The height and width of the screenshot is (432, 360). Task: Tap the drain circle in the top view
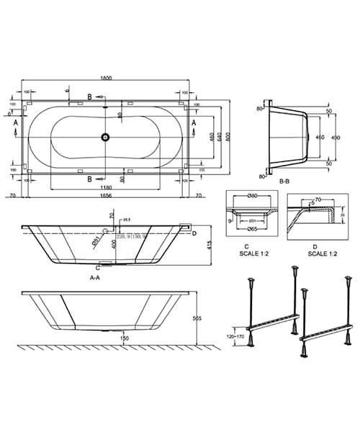tap(106, 135)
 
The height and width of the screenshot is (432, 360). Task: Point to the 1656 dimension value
tap(106, 195)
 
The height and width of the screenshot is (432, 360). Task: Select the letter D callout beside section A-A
tap(194, 232)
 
